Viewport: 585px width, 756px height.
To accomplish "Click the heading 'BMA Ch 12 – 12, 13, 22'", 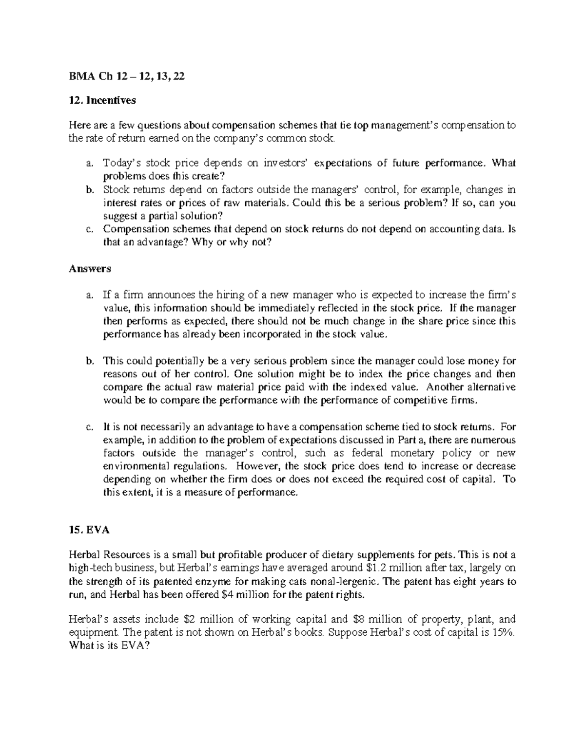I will [127, 76].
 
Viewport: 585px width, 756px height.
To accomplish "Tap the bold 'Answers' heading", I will [90, 268].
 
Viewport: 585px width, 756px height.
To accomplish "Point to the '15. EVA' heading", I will [90, 530].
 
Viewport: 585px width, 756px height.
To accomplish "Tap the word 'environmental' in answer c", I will [133, 466].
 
